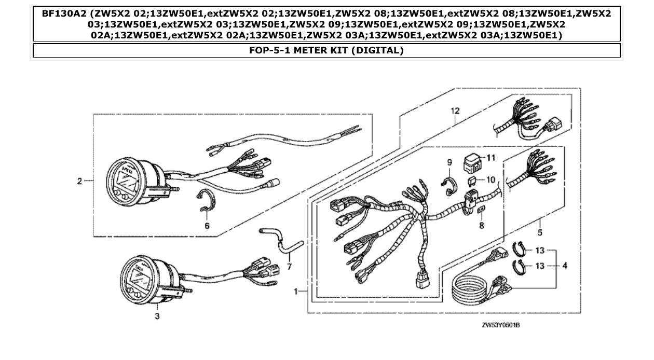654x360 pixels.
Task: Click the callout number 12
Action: point(455,111)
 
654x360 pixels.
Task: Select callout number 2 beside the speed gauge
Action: point(79,181)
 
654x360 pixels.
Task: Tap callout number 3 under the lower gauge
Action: point(157,316)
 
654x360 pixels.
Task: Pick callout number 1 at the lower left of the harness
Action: point(295,292)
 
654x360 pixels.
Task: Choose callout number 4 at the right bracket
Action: point(564,266)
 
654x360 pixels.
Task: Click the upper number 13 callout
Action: point(540,251)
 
